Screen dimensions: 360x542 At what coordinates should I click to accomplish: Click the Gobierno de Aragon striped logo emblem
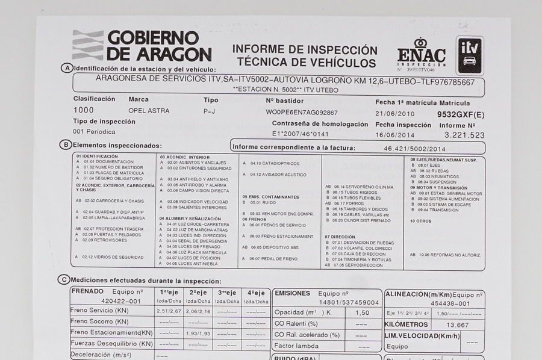click(87, 45)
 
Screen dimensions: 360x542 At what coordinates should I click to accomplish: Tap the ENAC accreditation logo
click(421, 57)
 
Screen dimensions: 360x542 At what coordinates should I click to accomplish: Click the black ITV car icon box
click(470, 55)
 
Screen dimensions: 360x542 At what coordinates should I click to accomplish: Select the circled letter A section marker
click(67, 68)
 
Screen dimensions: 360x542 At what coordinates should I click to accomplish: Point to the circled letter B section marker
click(65, 145)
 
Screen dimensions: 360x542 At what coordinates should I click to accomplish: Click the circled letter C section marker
click(63, 279)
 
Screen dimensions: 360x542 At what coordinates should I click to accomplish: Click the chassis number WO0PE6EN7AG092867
click(302, 113)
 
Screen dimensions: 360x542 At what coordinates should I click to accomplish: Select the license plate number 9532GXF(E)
click(461, 113)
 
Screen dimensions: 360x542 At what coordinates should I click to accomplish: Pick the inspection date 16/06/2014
click(394, 135)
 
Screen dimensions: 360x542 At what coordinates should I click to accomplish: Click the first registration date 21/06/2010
click(394, 113)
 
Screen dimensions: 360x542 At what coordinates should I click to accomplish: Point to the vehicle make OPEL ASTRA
click(149, 111)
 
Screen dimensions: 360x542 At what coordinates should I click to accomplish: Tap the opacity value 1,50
click(362, 313)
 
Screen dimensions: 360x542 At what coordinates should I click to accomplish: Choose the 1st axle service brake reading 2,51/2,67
click(169, 312)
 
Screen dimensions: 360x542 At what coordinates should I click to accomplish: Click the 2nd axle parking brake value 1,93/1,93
click(198, 333)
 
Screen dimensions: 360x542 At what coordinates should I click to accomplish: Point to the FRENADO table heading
click(87, 291)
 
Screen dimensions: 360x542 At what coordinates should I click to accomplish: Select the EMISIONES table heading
click(292, 293)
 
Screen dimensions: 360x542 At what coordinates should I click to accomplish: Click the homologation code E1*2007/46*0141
click(301, 134)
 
